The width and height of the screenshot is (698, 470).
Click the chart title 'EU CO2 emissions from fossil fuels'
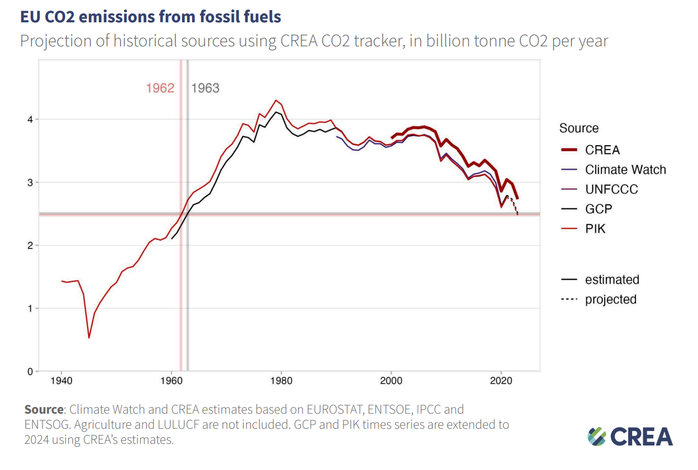tap(150, 17)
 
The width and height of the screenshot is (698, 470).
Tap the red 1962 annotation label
tap(160, 88)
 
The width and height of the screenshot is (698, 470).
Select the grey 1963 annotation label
tap(205, 88)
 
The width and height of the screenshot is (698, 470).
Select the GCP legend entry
tap(599, 209)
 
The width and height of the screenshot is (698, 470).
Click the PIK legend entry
tap(595, 228)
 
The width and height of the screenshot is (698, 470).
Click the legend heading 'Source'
tap(579, 128)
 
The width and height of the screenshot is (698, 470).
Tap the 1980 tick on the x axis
tap(281, 381)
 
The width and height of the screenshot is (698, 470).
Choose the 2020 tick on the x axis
tap(501, 381)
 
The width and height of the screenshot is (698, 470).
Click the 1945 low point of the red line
tap(89, 338)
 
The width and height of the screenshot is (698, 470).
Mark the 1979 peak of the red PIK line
tap(276, 100)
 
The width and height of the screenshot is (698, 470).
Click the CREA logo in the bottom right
tap(630, 436)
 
